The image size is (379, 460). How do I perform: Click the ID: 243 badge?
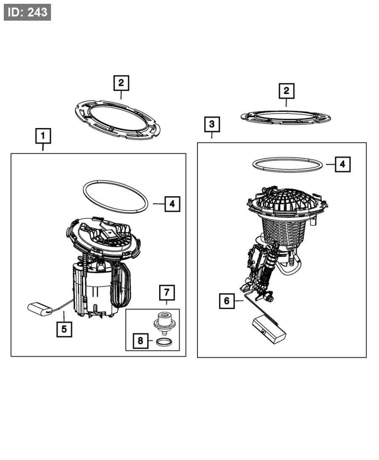(27, 12)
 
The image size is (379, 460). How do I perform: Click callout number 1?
(43, 136)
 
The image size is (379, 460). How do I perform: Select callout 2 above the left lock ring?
(121, 83)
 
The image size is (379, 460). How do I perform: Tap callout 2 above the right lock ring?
(286, 91)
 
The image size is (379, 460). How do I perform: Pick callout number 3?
(212, 124)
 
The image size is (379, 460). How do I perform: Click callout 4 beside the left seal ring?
(172, 203)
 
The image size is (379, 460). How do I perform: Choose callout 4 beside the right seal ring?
(342, 164)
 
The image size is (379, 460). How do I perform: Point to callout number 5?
(64, 329)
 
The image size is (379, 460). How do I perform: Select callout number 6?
(227, 301)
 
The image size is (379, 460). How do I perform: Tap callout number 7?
(167, 292)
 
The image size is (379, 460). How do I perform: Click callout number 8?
(141, 341)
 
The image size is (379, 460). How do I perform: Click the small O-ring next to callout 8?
(164, 342)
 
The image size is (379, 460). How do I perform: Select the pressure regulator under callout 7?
(164, 323)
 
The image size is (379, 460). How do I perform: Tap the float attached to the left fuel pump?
(40, 309)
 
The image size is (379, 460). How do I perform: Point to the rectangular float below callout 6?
(269, 329)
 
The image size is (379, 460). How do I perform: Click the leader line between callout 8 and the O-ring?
(150, 341)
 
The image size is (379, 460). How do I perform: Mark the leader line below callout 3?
(212, 135)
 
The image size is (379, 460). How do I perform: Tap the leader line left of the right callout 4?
(330, 164)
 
